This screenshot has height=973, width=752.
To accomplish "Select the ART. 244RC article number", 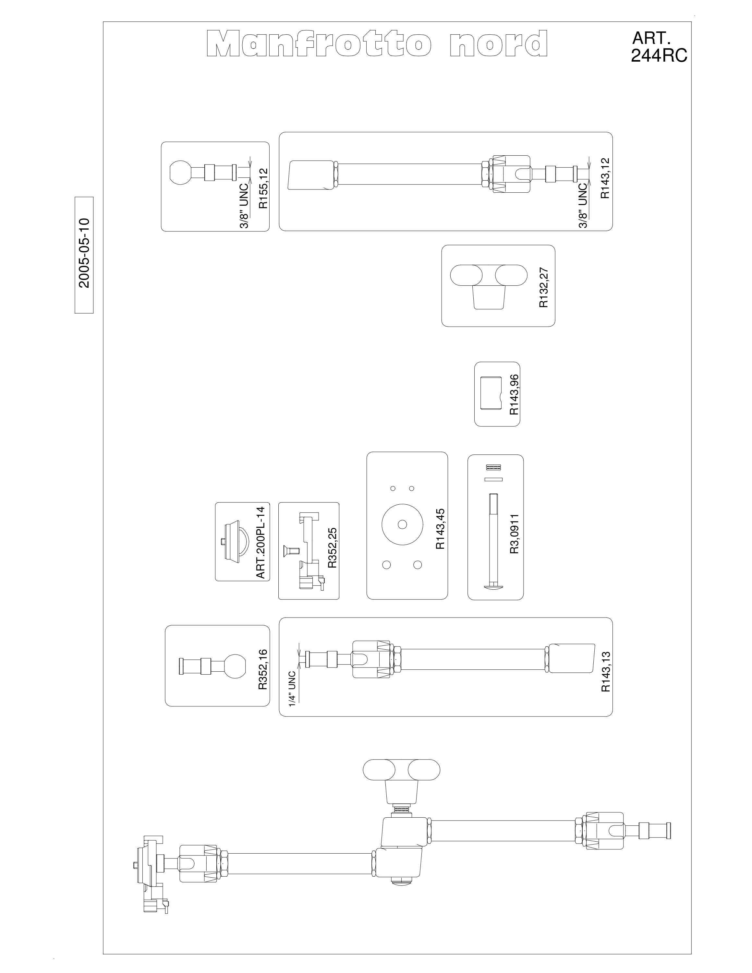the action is coord(659,48).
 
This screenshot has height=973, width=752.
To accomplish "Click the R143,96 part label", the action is coord(514,394).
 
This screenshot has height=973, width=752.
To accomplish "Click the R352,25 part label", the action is coord(332,548).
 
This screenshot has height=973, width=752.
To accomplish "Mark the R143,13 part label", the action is coord(605,671).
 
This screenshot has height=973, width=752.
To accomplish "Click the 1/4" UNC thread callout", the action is coord(292,688).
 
